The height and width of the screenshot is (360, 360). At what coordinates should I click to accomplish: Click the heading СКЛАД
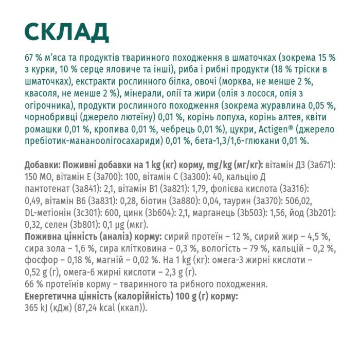[66, 31]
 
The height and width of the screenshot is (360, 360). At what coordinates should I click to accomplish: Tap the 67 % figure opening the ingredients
[34, 56]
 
